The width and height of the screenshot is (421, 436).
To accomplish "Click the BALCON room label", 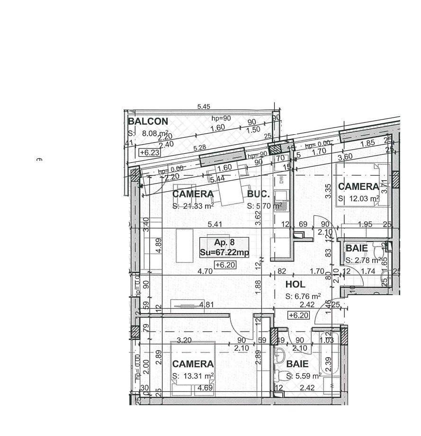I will click(148, 121).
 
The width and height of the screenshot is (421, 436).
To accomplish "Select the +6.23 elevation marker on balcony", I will click(150, 153).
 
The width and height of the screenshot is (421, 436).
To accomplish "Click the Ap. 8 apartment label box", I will click(224, 242).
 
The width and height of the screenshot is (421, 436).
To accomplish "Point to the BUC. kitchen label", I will click(258, 194).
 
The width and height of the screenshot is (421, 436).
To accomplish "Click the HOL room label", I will click(295, 285).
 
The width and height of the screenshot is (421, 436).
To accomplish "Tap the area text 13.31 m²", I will click(193, 376).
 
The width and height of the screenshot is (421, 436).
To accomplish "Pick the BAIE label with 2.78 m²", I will click(357, 249).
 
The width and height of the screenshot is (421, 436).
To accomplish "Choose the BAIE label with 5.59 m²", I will click(297, 364).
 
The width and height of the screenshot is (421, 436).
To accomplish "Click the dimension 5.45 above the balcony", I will click(204, 107).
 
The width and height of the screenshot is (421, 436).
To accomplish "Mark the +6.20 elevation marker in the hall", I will click(298, 315).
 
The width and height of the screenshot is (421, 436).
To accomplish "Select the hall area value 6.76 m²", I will click(303, 297).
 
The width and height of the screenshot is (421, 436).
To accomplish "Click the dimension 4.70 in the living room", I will click(205, 272).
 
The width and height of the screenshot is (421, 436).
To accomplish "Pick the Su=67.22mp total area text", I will click(224, 253).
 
